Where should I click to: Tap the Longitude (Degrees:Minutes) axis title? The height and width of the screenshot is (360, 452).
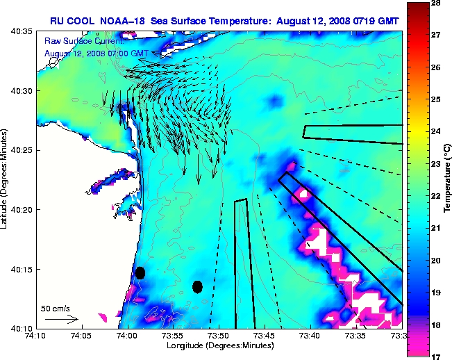[218, 345]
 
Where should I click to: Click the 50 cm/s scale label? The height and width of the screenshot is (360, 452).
[55, 308]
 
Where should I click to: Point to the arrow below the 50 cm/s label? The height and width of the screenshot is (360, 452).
[61, 319]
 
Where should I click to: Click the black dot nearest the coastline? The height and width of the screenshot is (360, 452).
[140, 272]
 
